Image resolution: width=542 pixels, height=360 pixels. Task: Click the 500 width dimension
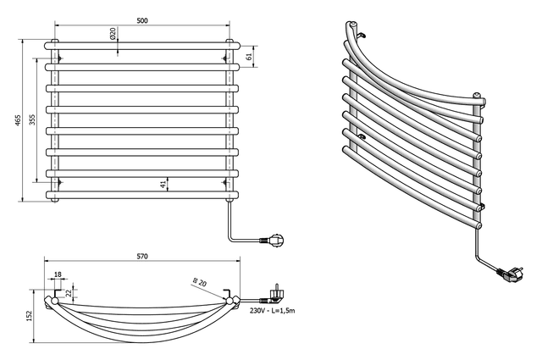click(142, 20)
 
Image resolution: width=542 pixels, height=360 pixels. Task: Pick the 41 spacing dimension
click(163, 184)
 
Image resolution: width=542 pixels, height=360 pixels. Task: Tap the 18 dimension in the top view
click(57, 275)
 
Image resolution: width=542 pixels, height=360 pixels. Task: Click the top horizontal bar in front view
click(142, 43)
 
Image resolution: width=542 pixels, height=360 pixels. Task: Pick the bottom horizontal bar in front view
click(142, 196)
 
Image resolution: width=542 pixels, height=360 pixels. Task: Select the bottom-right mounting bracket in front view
click(227, 180)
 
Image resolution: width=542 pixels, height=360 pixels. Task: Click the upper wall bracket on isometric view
click(359, 35)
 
